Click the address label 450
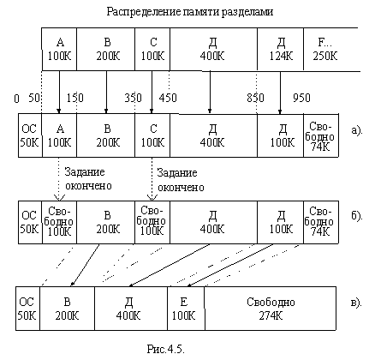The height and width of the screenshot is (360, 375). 168,97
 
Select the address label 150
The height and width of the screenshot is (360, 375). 74,97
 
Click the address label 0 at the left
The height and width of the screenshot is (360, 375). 16,97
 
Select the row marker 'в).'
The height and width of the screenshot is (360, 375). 354,302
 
